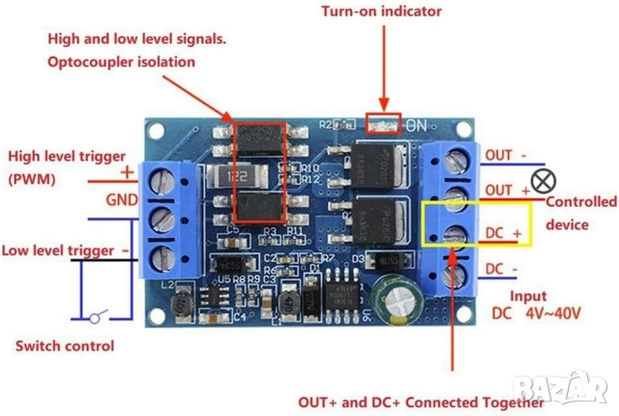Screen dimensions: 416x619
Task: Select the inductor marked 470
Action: pos(289,303)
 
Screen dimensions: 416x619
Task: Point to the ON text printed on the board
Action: pos(417,126)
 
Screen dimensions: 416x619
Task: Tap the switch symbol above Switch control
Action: pos(95,317)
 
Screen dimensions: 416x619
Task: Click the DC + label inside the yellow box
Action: pos(502,233)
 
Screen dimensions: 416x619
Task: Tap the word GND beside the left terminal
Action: pos(122,200)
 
